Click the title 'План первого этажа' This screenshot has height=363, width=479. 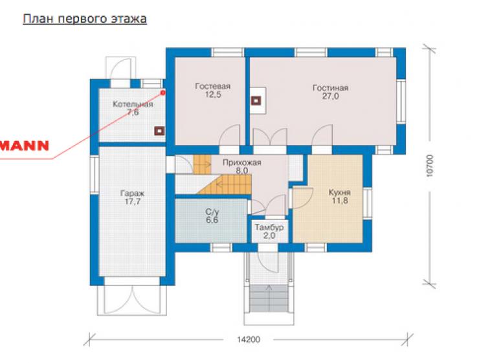(85, 19)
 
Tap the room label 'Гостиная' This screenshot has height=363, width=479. (330, 88)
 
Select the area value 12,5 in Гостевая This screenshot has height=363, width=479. (213, 94)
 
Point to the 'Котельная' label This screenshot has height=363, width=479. (133, 104)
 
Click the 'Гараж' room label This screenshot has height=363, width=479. (132, 193)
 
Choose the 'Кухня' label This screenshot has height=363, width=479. (339, 193)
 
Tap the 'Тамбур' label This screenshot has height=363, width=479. (269, 228)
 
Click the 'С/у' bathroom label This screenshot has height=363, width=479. (212, 212)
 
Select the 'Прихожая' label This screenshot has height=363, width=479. (241, 162)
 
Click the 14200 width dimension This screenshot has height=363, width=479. (249, 340)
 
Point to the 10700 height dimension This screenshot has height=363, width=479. (430, 166)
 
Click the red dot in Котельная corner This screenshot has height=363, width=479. (163, 92)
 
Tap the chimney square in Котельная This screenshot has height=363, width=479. (159, 131)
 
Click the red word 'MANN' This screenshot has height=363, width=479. (25, 146)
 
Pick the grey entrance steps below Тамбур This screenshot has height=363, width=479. (269, 298)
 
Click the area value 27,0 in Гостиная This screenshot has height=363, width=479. (330, 96)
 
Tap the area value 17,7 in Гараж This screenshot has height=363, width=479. (133, 201)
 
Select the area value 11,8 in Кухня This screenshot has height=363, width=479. (340, 201)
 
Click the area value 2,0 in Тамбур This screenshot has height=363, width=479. (269, 236)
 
